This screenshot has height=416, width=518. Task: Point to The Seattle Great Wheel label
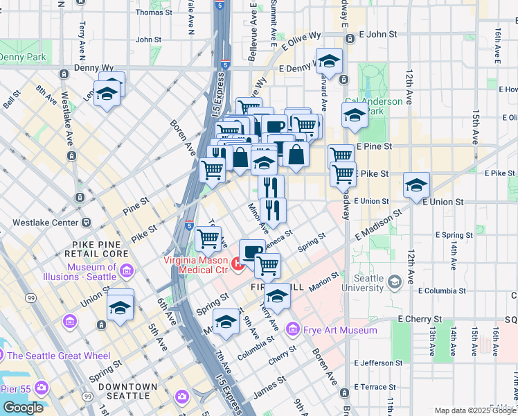58,356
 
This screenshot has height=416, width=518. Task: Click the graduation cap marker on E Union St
417,186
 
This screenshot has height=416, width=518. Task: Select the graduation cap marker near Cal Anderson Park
354,115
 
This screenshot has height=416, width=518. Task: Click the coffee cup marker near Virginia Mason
252,251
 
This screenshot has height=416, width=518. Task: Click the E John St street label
377,33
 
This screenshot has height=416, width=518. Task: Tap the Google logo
23,408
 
